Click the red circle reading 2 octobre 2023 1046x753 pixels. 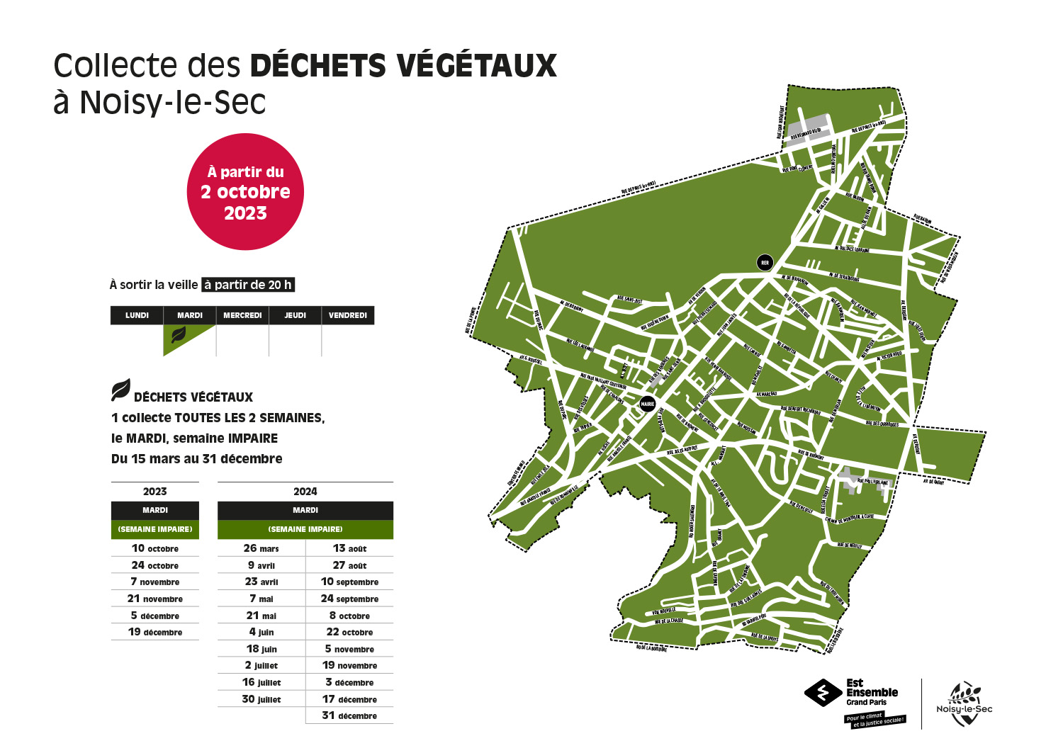point(245,192)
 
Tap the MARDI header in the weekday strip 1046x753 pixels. point(190,315)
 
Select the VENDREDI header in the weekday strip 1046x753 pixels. point(348,315)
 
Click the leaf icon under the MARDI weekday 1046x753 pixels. point(179,335)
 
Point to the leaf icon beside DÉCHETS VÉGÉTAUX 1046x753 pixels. point(120,390)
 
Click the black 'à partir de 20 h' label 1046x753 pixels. point(248,285)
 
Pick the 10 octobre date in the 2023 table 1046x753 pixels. point(155,548)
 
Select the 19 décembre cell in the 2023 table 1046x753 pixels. point(155,632)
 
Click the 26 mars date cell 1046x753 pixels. point(261,548)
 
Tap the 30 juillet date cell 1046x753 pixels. point(261,699)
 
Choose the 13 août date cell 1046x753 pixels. point(349,548)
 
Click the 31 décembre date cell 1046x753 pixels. point(349,715)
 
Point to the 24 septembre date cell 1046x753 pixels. point(349,599)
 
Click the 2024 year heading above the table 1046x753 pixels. point(305,492)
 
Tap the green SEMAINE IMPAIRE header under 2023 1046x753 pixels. point(155,529)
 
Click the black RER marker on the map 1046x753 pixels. point(765,263)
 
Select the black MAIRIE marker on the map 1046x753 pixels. point(648,404)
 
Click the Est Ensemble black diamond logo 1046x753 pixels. point(823,693)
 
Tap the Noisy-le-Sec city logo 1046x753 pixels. point(964,703)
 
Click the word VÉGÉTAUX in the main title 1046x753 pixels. point(476,66)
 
